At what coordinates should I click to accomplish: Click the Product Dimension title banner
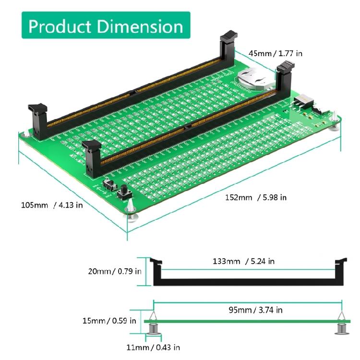[106, 25]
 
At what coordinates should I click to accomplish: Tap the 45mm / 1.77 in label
[275, 53]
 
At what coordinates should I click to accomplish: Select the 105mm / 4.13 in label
[52, 205]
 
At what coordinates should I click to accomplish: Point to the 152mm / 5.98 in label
[256, 197]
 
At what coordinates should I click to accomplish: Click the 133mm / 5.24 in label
[243, 261]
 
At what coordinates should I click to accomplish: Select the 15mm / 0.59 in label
[109, 321]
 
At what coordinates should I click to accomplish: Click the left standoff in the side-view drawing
[153, 324]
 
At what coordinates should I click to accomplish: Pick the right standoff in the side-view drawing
[341, 324]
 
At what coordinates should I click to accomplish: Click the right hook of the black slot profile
[340, 264]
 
